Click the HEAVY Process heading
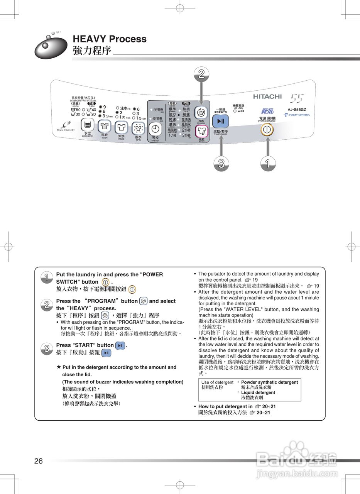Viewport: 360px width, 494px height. point(110,39)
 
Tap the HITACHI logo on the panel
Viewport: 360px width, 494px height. point(267,96)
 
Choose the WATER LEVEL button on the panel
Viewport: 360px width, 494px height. point(88,125)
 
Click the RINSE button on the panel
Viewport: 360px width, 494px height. point(121,127)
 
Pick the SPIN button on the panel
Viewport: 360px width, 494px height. point(138,128)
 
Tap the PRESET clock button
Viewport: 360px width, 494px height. point(155,129)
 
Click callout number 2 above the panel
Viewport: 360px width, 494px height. point(201,74)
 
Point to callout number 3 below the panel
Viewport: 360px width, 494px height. point(221,164)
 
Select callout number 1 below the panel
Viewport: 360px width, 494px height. point(267,164)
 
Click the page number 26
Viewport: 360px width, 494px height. point(39,461)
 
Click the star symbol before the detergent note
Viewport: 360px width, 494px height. point(59,367)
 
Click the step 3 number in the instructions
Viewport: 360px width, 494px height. point(46,349)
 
